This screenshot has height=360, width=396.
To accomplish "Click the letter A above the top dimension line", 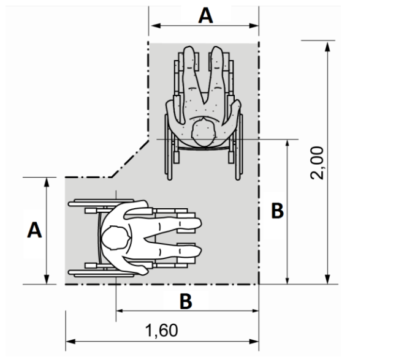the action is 206,16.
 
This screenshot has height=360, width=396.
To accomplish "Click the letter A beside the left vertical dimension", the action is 34,230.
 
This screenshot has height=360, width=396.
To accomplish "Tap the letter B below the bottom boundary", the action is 186,301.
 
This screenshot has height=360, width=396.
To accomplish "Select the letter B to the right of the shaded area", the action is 277,211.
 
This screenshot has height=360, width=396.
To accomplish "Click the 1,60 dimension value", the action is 162,331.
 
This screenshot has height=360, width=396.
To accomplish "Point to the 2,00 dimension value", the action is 317,163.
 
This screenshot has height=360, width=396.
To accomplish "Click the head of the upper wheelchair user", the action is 204,133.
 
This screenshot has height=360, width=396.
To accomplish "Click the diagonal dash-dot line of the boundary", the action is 130,159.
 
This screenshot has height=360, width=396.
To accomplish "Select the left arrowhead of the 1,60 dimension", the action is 70,342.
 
